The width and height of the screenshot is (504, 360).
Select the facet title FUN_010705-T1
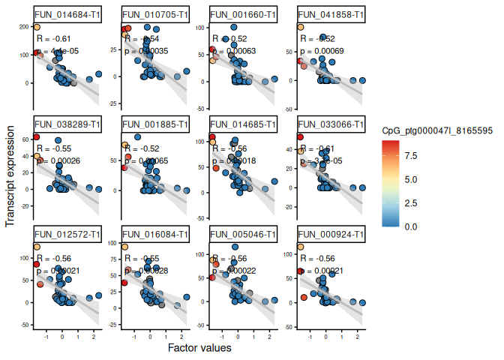(x=154, y=15)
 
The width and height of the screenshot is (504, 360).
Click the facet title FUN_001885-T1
(x=154, y=124)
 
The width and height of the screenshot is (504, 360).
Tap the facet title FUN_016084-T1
(x=154, y=235)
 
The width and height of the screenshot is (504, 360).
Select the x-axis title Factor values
(x=199, y=348)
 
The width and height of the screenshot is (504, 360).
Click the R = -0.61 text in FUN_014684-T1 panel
(x=55, y=39)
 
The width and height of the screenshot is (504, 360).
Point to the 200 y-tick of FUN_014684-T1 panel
(x=25, y=28)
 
